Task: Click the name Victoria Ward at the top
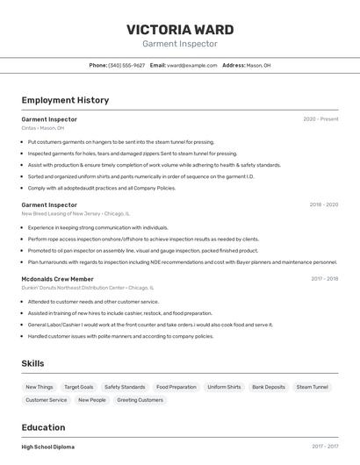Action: point(179,29)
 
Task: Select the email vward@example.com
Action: point(191,65)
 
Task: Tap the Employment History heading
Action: point(65,100)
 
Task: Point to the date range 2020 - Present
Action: point(320,119)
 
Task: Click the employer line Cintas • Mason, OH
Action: point(43,128)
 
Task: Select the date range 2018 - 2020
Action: point(323,204)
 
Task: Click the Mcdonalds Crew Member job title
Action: point(58,279)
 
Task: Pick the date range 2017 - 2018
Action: point(324,279)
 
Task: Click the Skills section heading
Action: point(32,363)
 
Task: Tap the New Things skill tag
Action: point(39,387)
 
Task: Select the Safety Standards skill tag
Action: point(125,387)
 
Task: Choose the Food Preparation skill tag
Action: point(176,387)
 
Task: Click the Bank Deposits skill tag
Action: point(268,387)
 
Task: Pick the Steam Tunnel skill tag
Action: point(312,387)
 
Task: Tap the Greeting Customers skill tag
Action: point(140,400)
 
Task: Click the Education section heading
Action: point(45,427)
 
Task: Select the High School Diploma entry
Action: point(48,447)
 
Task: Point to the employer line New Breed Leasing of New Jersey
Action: point(76,213)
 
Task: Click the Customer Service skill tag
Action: point(46,400)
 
